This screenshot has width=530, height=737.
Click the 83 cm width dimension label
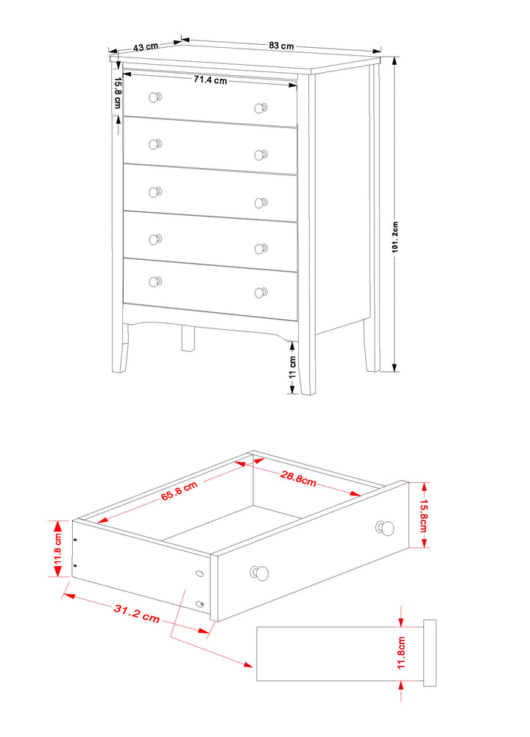click(x=281, y=46)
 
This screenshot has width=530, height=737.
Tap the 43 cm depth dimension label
click(x=146, y=47)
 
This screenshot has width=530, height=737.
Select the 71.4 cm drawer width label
click(x=210, y=80)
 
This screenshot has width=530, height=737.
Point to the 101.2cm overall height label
click(x=395, y=237)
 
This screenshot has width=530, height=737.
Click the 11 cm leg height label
click(x=293, y=367)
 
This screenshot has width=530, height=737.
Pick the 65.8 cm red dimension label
click(x=179, y=490)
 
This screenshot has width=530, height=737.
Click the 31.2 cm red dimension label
click(x=137, y=613)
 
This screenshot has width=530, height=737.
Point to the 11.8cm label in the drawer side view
click(x=401, y=652)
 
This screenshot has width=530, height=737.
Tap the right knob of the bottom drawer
click(x=261, y=293)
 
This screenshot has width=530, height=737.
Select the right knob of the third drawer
click(x=261, y=202)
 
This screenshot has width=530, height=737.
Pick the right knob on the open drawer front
click(x=385, y=529)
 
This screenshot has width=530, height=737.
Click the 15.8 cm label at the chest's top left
click(x=118, y=93)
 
